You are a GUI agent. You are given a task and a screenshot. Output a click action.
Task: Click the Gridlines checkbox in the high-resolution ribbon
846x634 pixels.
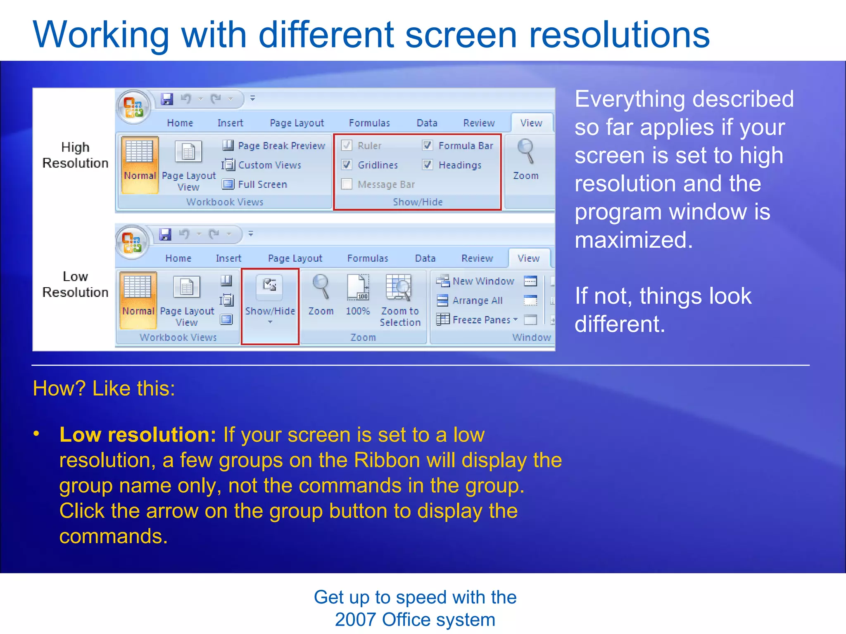347,165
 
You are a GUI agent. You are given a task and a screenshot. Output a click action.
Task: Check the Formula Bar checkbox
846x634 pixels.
428,146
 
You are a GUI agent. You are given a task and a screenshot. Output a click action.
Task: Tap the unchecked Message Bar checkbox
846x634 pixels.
347,184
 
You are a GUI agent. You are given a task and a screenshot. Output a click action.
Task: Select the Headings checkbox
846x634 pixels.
428,165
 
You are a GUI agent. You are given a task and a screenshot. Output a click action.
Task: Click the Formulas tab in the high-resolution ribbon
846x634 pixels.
369,123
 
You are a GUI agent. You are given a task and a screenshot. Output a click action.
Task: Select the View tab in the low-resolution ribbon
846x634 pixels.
528,258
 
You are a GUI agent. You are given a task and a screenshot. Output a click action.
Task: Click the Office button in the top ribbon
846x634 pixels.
133,106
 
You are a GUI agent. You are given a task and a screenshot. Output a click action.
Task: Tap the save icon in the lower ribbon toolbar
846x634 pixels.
165,234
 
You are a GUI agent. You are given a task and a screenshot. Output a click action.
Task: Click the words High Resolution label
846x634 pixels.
75,155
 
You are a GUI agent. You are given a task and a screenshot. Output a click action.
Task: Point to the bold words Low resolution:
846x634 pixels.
138,435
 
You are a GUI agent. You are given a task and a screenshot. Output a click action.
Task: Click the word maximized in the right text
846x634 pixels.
633,240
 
